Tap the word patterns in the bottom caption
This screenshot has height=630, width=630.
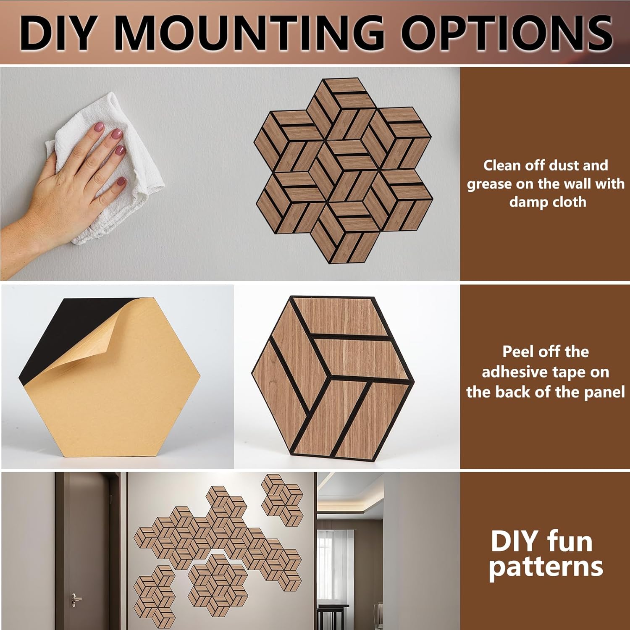(x=546, y=567)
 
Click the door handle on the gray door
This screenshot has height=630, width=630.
(x=76, y=597)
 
